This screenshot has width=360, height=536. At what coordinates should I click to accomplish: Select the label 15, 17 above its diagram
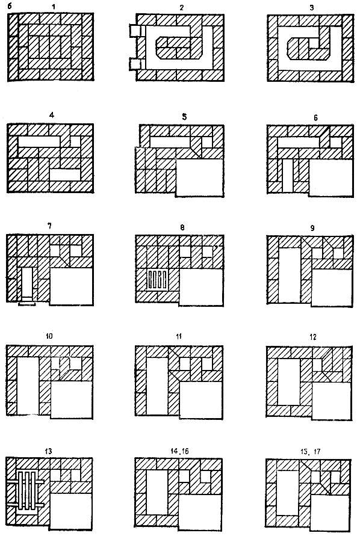(309, 452)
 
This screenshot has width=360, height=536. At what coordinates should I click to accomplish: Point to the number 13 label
(48, 451)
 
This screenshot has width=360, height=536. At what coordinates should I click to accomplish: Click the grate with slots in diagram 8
(158, 279)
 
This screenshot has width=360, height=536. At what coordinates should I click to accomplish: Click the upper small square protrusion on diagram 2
(135, 31)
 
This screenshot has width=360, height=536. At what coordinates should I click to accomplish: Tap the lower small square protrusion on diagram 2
(135, 64)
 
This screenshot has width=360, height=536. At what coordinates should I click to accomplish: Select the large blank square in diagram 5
(199, 177)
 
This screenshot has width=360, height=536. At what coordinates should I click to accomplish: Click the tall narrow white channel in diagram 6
(288, 175)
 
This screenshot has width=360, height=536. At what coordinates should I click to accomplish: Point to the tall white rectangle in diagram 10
(28, 386)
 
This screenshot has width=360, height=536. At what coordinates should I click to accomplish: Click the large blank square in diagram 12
(331, 401)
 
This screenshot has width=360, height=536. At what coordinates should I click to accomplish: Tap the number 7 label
(49, 226)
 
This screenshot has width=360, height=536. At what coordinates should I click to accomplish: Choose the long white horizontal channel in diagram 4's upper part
(39, 141)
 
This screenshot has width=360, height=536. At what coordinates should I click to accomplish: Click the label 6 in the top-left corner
(9, 6)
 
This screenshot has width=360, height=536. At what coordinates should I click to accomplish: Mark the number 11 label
(179, 337)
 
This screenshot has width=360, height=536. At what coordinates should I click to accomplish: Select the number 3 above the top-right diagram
(311, 8)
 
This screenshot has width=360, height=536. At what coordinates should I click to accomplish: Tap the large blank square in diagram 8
(202, 286)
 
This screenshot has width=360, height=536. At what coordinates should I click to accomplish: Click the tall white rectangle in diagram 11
(157, 386)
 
